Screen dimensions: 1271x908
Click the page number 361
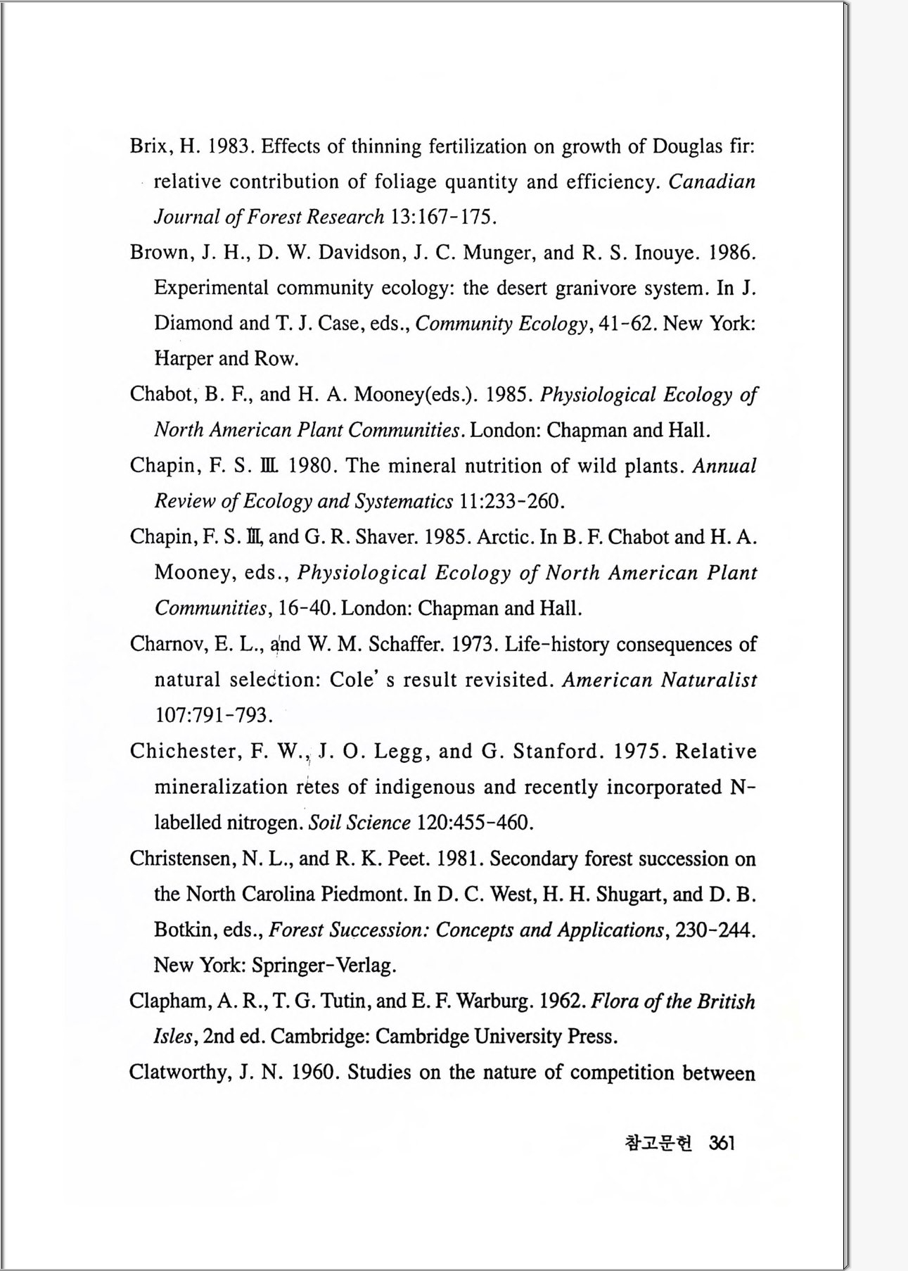click(722, 1143)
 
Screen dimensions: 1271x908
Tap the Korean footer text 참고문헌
click(658, 1143)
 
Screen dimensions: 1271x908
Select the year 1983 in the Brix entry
click(231, 146)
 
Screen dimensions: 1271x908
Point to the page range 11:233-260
click(511, 501)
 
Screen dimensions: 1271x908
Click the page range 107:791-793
click(212, 716)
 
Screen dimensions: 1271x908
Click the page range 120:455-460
click(475, 823)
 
